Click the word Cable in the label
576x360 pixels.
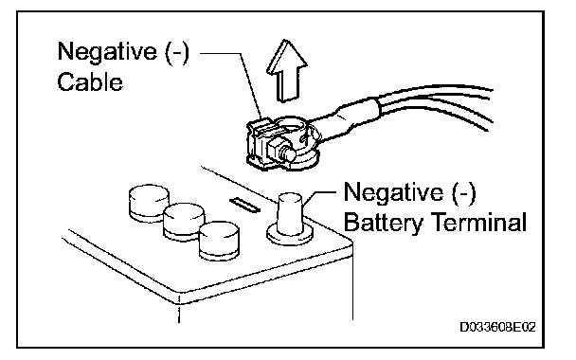tap(90, 81)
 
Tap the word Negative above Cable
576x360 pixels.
tap(107, 51)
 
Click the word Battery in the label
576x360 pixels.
tap(384, 222)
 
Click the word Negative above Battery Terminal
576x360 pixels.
tap(393, 191)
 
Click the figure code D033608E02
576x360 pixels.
tap(497, 327)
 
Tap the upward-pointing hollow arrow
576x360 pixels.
tap(286, 70)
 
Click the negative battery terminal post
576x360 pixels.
tap(290, 214)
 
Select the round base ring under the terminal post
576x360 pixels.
tap(290, 234)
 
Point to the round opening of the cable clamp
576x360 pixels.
tap(291, 127)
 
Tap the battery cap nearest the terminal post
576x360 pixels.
tap(219, 241)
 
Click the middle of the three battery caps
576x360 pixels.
tap(184, 223)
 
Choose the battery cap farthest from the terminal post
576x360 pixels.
tap(149, 203)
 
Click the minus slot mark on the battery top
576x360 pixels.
tap(244, 205)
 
